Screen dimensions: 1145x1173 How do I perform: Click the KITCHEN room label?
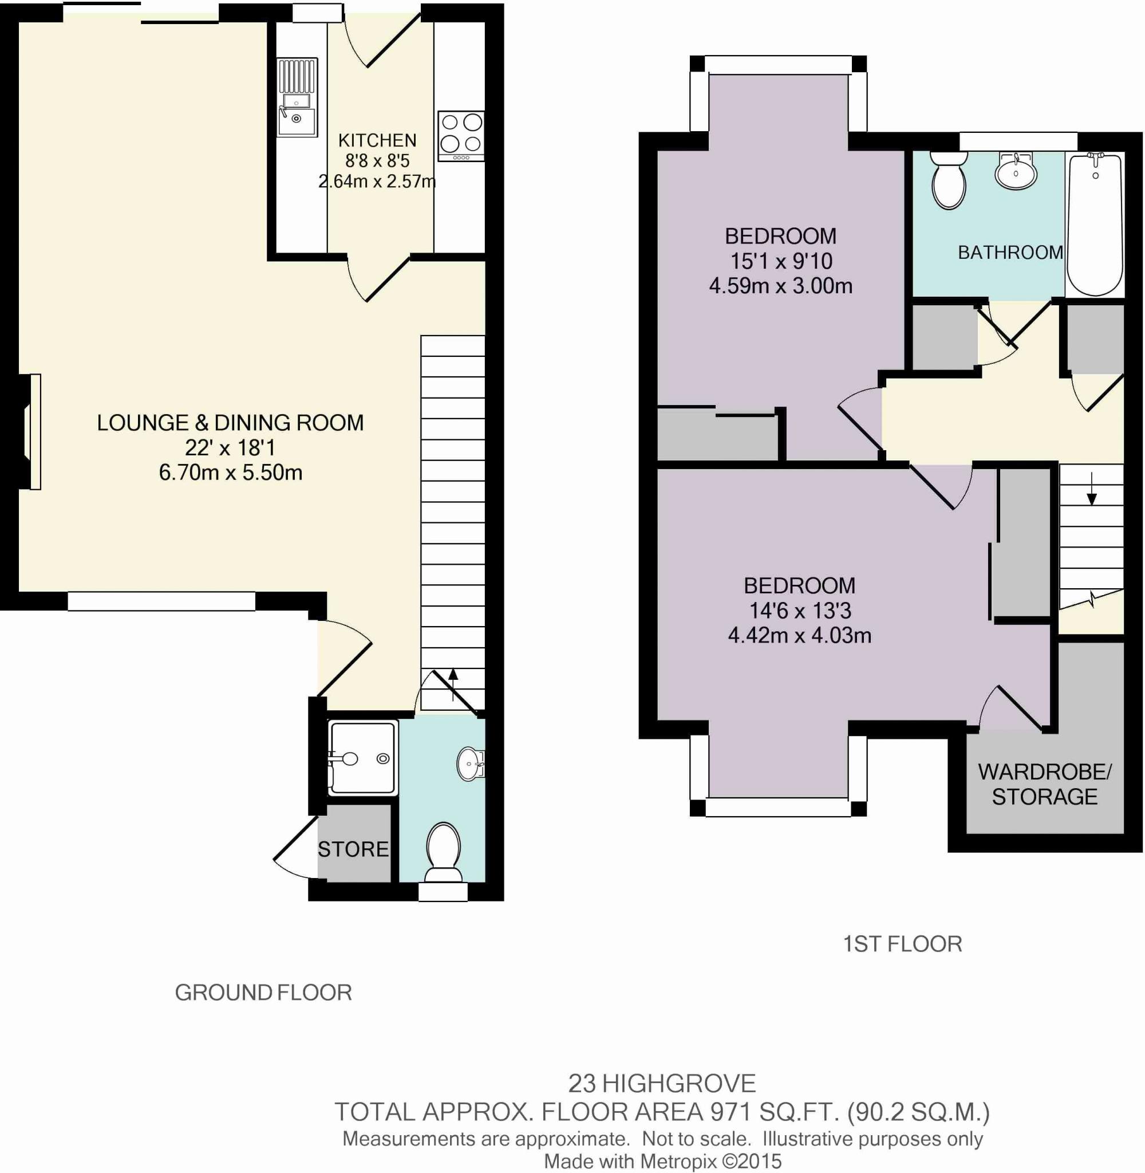pos(377,140)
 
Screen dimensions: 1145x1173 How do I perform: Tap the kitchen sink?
pos(297,97)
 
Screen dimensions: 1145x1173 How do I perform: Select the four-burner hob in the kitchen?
pos(461,135)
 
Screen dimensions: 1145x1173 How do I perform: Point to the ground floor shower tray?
pos(362,758)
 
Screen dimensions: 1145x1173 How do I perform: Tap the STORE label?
pos(353,849)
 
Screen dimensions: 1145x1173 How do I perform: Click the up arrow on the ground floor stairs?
pos(453,684)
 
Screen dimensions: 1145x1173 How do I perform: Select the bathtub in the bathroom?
pos(1095,225)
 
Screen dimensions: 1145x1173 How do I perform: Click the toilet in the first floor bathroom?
pos(949,180)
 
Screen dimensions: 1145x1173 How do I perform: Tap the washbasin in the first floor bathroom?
pos(1016,170)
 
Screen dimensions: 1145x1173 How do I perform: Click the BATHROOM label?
pos(1010,252)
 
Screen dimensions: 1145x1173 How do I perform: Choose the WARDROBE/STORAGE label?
pos(1045,784)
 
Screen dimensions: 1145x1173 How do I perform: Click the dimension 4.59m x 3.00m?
pos(780,286)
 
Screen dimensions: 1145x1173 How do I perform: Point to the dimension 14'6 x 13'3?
pos(799,611)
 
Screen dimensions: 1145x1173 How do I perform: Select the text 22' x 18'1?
pos(230,447)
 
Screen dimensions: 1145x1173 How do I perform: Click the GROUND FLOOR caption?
pos(263,992)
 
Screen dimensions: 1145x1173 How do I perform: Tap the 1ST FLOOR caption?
pos(902,944)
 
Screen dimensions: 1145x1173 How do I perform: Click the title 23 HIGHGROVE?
pos(662,1084)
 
